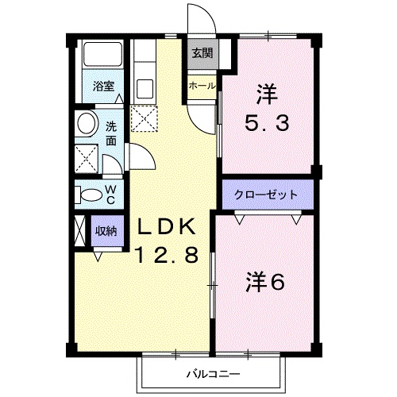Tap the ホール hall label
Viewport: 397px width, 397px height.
point(201,85)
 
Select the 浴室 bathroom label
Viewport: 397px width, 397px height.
point(102,86)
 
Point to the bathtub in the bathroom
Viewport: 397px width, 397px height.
point(102,58)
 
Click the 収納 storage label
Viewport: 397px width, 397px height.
point(107,231)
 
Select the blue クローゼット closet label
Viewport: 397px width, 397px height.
point(267,194)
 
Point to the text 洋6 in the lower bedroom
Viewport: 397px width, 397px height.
point(264,281)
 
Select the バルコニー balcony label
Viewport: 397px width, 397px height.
point(214,372)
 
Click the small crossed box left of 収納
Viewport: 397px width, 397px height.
point(79,231)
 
